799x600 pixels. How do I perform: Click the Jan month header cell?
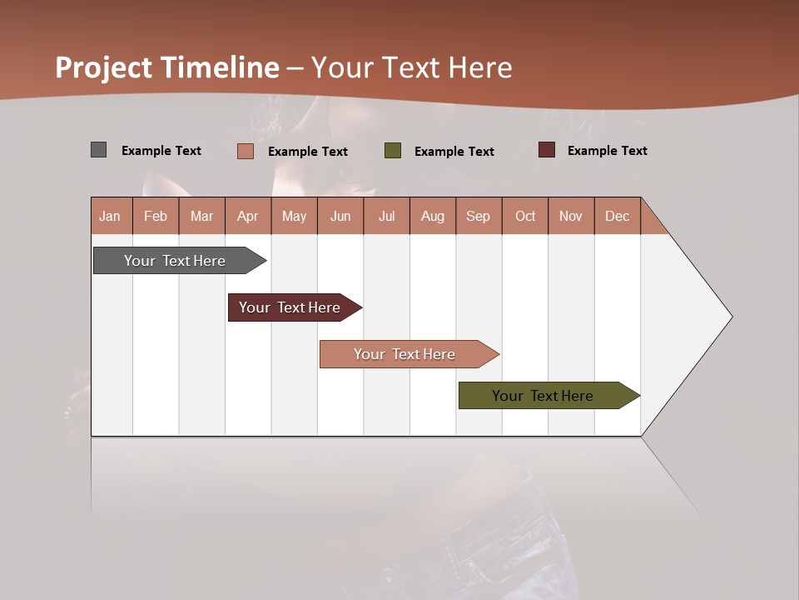click(x=111, y=216)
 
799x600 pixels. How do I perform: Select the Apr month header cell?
click(x=248, y=216)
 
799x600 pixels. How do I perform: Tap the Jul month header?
click(x=386, y=216)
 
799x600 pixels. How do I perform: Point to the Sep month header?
click(x=479, y=216)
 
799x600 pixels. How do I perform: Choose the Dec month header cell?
click(x=617, y=216)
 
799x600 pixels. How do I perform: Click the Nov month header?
click(x=571, y=216)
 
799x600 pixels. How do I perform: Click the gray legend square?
click(x=98, y=150)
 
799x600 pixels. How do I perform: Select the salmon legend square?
click(x=245, y=151)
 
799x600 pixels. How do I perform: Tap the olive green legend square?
click(x=393, y=151)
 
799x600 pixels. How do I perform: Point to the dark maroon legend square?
click(x=547, y=150)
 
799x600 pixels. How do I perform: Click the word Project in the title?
click(x=104, y=67)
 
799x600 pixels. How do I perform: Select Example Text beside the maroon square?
click(x=607, y=150)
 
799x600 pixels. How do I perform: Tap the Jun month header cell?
click(x=340, y=216)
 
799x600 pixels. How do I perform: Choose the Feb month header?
click(x=156, y=216)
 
